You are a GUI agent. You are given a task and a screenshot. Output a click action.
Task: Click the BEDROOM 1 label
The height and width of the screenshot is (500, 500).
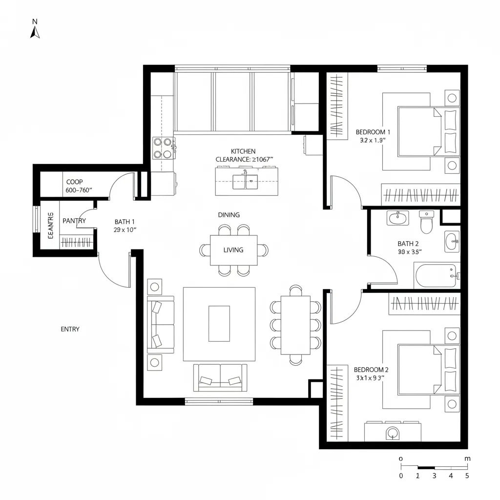[373, 132]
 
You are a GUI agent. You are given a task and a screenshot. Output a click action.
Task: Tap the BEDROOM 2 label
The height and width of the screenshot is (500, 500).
[371, 370]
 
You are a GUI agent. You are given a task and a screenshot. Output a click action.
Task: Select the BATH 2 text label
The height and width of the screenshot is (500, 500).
[408, 244]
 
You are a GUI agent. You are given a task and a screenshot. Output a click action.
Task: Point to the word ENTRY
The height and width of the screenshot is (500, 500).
[70, 329]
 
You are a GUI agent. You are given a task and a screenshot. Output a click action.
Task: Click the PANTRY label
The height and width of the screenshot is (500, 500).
[74, 221]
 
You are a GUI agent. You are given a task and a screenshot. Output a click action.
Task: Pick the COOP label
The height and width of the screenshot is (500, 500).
[75, 182]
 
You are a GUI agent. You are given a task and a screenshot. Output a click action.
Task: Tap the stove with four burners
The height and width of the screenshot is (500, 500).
[164, 148]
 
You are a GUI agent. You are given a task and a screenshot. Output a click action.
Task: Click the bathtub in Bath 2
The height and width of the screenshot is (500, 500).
[436, 276]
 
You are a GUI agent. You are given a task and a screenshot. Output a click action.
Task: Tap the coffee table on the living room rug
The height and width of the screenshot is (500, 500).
[219, 323]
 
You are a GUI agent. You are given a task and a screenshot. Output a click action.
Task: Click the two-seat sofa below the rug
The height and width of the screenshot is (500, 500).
[220, 377]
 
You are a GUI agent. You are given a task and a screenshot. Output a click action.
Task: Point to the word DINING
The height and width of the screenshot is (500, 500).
[229, 215]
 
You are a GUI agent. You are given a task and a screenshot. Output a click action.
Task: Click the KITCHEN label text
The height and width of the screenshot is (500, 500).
[243, 151]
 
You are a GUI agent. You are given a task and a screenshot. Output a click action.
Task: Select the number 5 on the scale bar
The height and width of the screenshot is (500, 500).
[467, 476]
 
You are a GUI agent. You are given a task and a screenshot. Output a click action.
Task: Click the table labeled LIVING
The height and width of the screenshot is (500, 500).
[234, 250]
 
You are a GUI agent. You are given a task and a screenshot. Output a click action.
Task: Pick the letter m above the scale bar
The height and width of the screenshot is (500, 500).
[467, 459]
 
